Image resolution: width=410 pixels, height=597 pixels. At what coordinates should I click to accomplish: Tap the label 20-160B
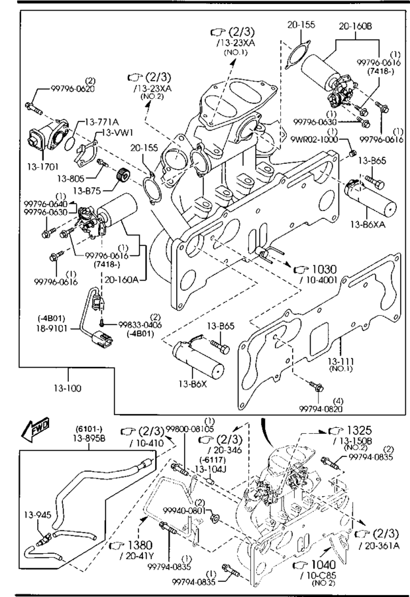pos(356,26)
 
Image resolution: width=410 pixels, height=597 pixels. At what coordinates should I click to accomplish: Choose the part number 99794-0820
pos(321,409)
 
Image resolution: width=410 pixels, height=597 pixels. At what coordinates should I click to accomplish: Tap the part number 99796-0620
pos(73,88)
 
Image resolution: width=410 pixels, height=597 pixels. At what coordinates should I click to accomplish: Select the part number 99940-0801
pos(176,511)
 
